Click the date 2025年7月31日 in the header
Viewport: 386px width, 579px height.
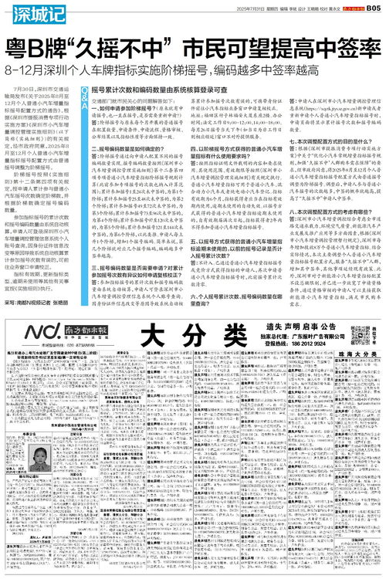pos(222,6)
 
